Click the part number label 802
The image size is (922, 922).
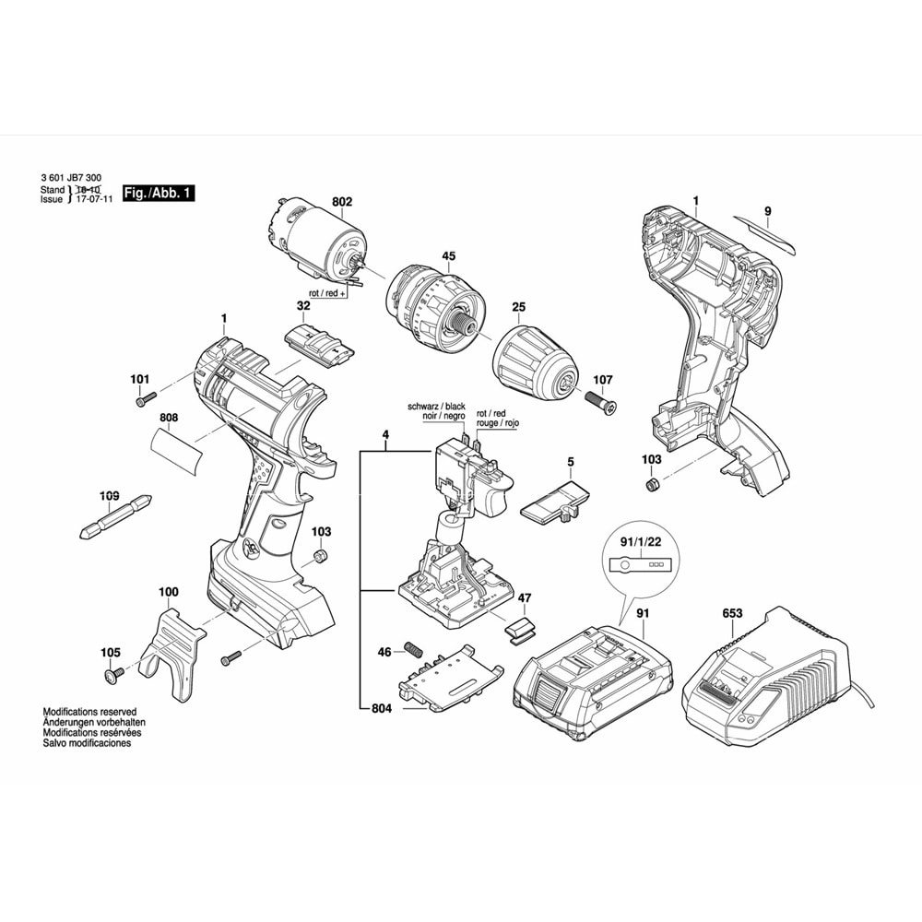[x=316, y=202]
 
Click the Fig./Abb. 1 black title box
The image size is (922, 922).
[x=160, y=194]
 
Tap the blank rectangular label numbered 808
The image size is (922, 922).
[x=178, y=453]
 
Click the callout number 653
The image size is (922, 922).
[x=732, y=612]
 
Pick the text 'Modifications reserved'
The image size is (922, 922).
[x=89, y=712]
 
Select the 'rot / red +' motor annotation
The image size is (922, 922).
[x=327, y=292]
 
